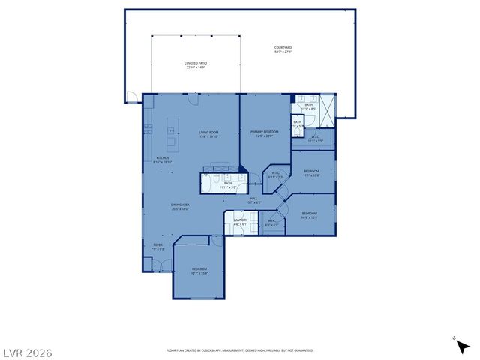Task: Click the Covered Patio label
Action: tap(196, 65)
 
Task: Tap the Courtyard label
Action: tap(282, 49)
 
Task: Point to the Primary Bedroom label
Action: tap(265, 134)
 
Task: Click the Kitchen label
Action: tap(163, 160)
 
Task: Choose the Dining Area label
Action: tap(180, 207)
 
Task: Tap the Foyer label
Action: tap(157, 247)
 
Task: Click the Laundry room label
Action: tap(240, 222)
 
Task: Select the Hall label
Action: tap(253, 200)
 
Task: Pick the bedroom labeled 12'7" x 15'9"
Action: tap(199, 271)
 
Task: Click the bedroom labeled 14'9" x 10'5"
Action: tap(310, 216)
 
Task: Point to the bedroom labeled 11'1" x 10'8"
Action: tap(311, 174)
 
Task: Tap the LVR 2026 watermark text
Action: tap(27, 350)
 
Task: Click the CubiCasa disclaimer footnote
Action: tap(239, 350)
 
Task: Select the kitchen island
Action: tap(171, 133)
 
